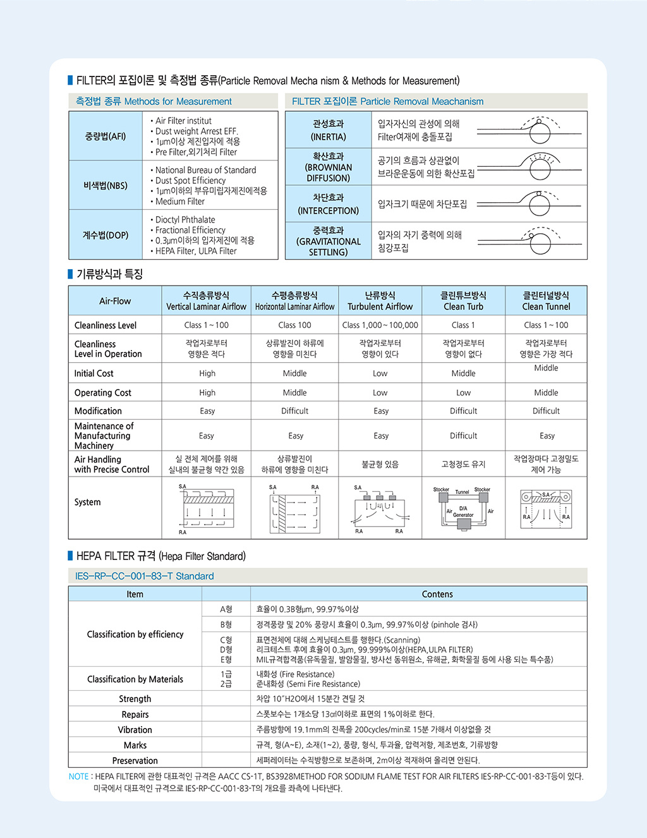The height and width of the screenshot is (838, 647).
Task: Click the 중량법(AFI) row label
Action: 106,136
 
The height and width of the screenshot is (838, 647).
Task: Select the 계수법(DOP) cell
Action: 106,235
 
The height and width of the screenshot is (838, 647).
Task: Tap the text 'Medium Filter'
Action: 180,202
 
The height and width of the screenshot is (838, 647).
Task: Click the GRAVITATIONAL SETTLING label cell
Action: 328,241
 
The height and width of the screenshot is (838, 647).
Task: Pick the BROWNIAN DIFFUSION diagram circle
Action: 540,168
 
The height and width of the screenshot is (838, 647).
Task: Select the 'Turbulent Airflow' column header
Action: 380,301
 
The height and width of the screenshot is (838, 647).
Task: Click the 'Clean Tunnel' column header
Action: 546,301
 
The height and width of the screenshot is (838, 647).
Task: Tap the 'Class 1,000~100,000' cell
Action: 380,325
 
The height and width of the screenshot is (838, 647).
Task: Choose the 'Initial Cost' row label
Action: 94,373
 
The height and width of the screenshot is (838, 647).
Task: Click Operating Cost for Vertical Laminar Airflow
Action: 207,392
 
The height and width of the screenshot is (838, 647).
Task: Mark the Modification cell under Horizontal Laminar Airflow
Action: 294,411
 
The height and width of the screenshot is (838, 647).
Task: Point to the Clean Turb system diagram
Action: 463,507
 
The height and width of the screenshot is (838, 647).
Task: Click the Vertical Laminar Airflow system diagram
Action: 207,508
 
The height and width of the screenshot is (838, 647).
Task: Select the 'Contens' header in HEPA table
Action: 437,594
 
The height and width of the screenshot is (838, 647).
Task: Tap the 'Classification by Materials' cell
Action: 135,679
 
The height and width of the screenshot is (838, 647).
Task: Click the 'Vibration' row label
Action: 135,730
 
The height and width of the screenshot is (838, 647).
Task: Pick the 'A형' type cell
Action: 226,609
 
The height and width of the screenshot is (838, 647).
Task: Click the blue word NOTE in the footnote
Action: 78,777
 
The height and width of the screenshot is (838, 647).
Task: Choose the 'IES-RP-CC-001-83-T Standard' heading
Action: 145,576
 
